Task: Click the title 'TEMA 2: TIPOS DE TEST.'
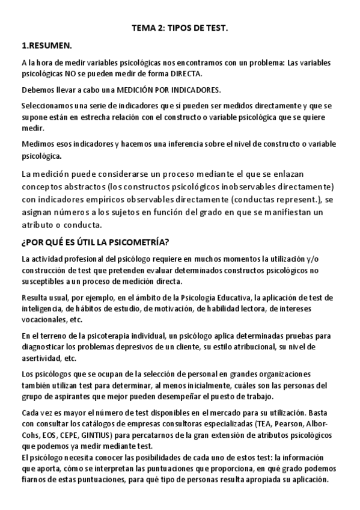(180, 28)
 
